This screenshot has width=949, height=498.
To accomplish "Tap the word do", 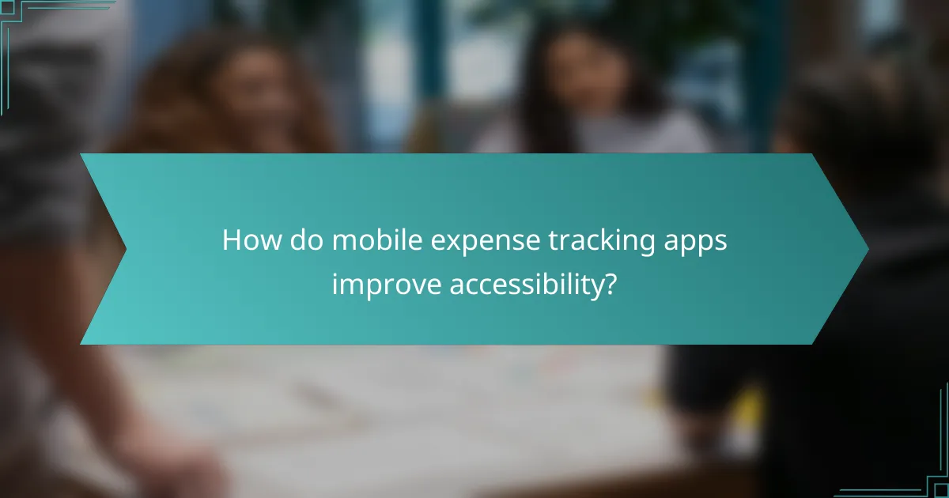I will [x=305, y=240].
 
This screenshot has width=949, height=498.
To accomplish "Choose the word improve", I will [x=386, y=285].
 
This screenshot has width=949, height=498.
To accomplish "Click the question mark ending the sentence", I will [x=609, y=284].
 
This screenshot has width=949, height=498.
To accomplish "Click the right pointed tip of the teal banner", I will [x=867, y=249].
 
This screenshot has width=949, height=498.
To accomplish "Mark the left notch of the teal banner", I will [x=125, y=249].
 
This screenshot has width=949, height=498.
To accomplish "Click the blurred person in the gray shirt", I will [x=47, y=158].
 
